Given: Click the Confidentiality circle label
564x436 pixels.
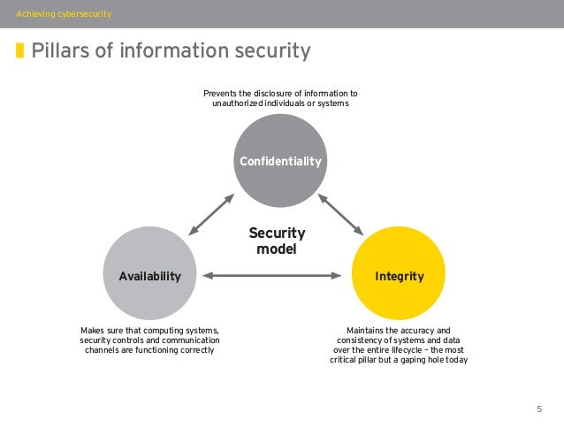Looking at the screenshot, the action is click(x=280, y=161).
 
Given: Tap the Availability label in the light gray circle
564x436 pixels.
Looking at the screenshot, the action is click(x=149, y=276).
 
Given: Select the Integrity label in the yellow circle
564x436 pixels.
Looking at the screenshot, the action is click(x=400, y=276).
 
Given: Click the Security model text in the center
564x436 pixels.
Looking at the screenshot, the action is click(x=277, y=241).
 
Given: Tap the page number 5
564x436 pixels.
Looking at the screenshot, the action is click(x=538, y=409).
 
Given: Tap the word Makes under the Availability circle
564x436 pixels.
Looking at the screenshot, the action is click(x=94, y=331).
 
